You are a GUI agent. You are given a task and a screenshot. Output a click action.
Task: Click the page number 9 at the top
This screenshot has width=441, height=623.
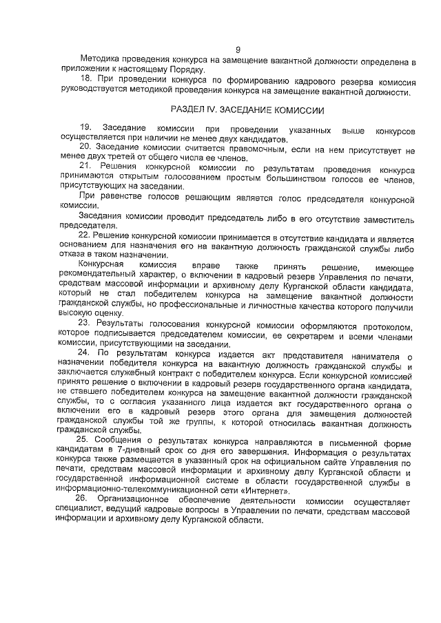(237, 49)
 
